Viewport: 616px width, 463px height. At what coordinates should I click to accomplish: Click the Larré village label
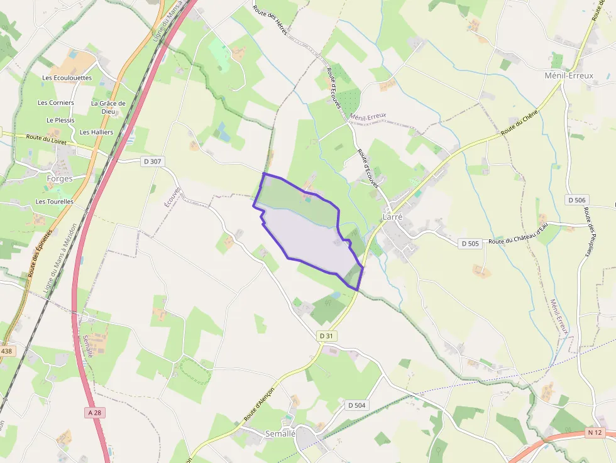392,217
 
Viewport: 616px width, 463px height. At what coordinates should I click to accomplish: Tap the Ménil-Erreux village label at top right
569,75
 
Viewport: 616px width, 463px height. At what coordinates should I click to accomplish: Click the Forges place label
60,178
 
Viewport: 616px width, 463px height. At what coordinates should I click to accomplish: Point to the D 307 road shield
152,161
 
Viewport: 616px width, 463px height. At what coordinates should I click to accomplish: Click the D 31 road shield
326,336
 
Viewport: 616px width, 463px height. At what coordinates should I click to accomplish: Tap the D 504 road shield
356,405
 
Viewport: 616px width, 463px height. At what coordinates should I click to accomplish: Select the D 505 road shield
470,243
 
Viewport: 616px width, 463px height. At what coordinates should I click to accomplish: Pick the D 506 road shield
576,200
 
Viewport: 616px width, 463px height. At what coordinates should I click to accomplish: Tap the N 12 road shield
594,432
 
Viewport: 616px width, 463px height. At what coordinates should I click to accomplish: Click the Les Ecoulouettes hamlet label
67,78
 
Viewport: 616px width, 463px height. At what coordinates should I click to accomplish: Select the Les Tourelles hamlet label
54,202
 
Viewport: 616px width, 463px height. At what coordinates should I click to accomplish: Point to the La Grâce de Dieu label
108,107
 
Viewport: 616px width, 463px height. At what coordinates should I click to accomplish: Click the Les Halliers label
96,132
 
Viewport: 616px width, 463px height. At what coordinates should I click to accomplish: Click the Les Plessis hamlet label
60,120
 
